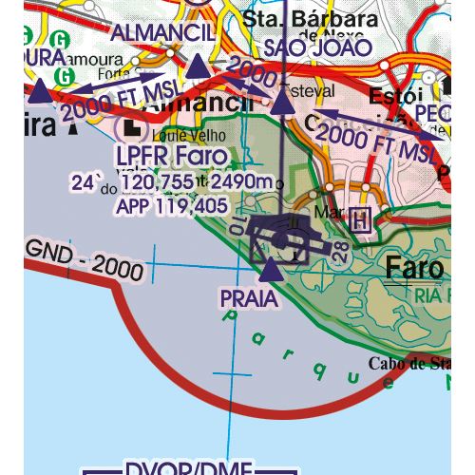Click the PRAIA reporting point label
(x=248, y=299)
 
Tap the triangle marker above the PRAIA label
(x=270, y=271)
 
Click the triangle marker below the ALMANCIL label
(x=197, y=66)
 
